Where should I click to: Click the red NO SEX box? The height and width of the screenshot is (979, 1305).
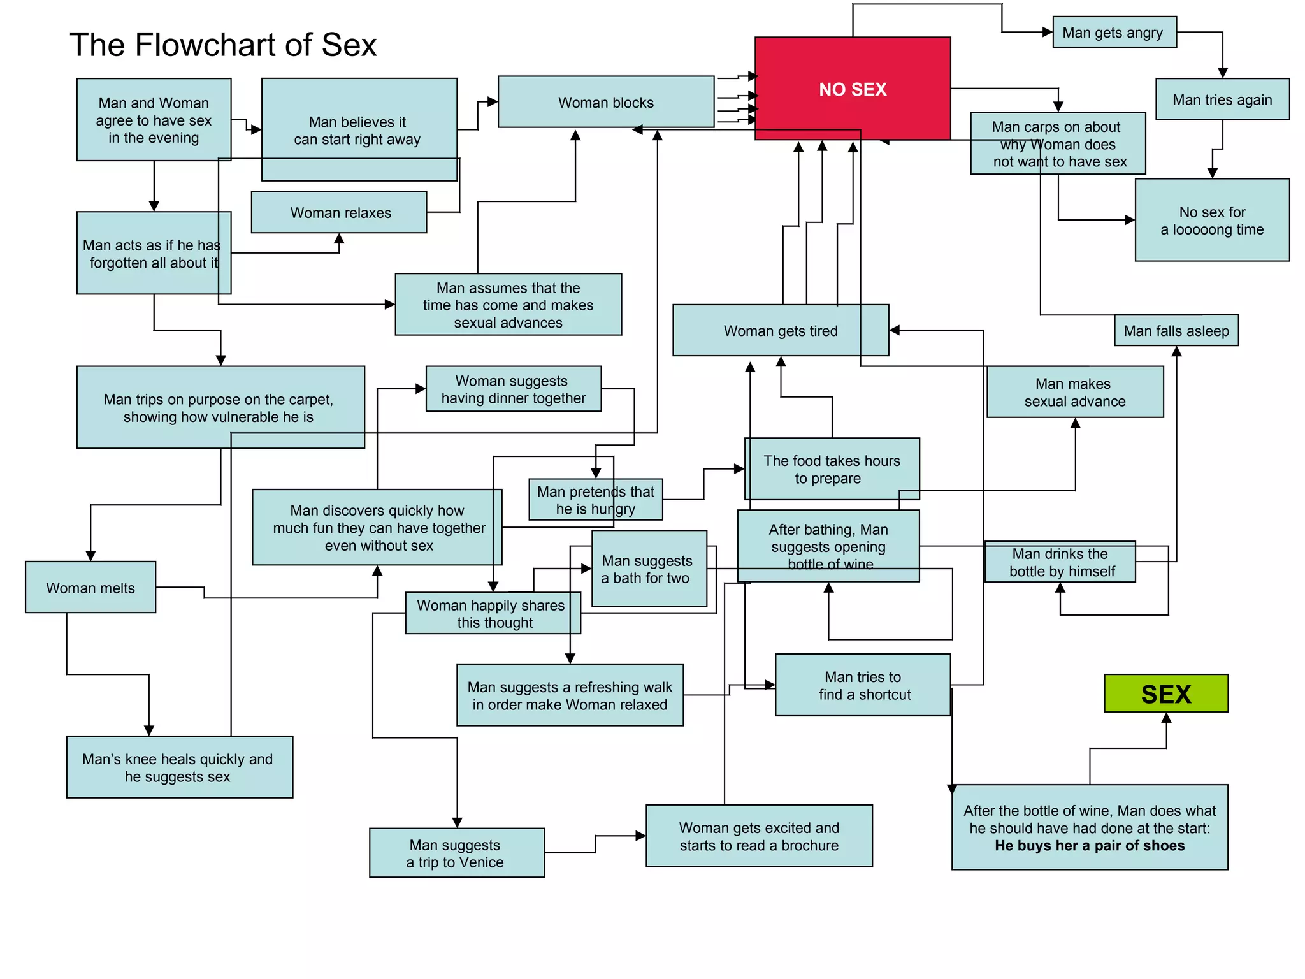click(x=853, y=89)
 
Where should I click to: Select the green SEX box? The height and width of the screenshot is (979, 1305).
click(x=1165, y=693)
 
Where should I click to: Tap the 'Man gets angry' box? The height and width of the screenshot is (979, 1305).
click(x=1114, y=33)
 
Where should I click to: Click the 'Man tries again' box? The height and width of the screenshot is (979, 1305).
click(x=1222, y=99)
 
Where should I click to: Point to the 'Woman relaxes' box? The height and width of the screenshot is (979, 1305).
click(x=340, y=212)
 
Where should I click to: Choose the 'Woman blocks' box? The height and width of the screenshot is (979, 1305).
click(x=605, y=102)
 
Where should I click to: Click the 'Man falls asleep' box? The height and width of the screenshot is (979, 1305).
click(x=1176, y=331)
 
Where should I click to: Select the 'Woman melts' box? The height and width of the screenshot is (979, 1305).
click(x=90, y=588)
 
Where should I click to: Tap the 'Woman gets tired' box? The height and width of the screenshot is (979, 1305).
click(x=780, y=330)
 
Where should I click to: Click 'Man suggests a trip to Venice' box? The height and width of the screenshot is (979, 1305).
click(x=456, y=853)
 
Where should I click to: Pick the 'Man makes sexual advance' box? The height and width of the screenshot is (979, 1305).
click(x=1075, y=392)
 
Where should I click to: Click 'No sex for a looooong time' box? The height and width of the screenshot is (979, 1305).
click(x=1212, y=221)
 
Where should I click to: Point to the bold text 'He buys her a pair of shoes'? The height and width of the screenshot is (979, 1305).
click(x=1090, y=846)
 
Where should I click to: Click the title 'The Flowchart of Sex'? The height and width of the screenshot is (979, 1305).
click(x=223, y=45)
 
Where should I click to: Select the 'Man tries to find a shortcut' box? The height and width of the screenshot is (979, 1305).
click(x=863, y=685)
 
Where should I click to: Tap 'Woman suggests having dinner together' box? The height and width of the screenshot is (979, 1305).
click(x=513, y=389)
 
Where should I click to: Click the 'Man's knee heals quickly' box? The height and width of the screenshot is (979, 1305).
click(x=179, y=767)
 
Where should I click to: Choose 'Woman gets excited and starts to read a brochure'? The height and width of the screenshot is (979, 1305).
click(x=759, y=836)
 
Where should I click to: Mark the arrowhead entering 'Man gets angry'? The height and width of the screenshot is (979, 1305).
click(x=1047, y=32)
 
